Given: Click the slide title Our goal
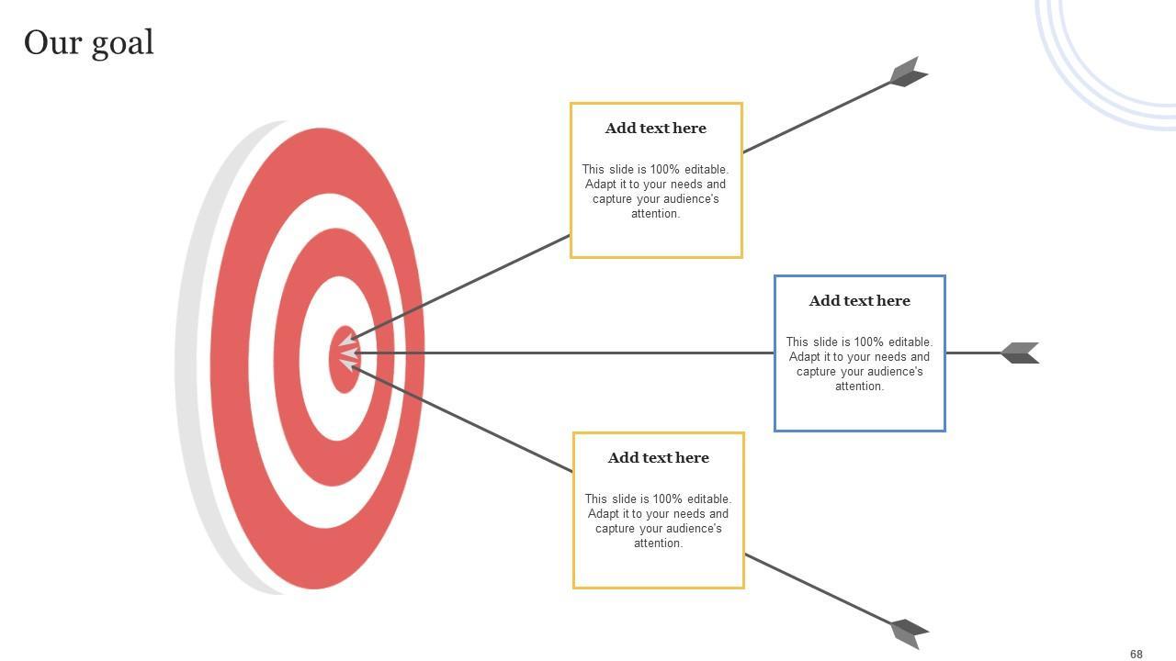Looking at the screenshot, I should click(89, 43).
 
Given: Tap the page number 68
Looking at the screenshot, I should click(1136, 655).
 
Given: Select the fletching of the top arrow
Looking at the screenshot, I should click(908, 73).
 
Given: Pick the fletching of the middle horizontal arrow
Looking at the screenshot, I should click(1021, 353).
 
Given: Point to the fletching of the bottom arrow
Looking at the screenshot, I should click(909, 632).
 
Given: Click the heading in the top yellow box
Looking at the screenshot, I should click(656, 129).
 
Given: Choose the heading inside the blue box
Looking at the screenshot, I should click(860, 301).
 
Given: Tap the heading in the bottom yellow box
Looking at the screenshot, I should click(659, 458).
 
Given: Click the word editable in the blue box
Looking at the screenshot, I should click(910, 342).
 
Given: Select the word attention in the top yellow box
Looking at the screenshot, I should click(656, 214).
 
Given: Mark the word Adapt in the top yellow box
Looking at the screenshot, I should click(602, 185).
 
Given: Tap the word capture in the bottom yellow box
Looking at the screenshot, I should click(616, 529).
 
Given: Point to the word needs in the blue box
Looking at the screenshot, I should click(886, 357).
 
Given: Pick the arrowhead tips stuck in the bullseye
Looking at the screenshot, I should click(349, 353).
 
